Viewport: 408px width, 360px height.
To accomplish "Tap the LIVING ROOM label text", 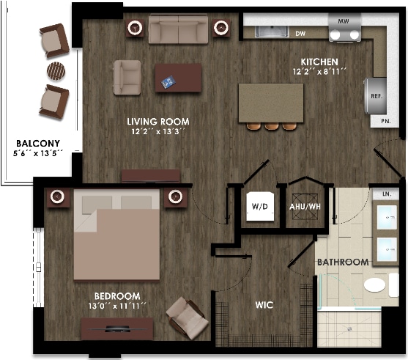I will [x=157, y=122].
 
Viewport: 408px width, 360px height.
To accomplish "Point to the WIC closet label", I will [x=264, y=304].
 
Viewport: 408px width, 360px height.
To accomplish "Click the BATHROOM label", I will [x=342, y=262].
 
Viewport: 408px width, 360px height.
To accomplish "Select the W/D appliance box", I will [x=259, y=207].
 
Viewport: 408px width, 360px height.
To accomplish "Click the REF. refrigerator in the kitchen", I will [x=375, y=95].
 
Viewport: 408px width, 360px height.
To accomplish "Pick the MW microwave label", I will [x=344, y=22].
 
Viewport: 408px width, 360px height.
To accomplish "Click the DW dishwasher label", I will [x=300, y=33].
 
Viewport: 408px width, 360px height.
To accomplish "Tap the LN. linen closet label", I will [x=386, y=194].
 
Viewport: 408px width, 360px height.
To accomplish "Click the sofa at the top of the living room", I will [x=178, y=29].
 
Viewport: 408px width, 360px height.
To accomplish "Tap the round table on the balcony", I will [x=56, y=70].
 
